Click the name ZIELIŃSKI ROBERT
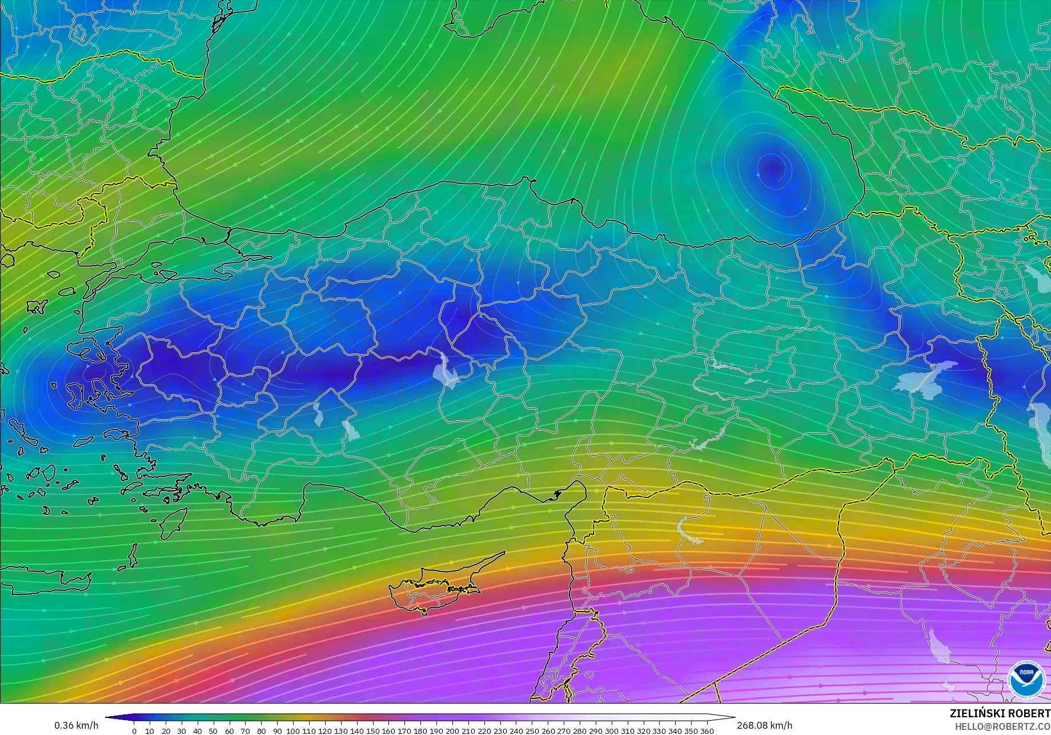(x=1000, y=714)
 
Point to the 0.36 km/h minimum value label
(x=76, y=725)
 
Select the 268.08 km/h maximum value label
(x=764, y=725)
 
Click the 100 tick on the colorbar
(x=292, y=730)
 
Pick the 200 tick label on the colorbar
(x=452, y=730)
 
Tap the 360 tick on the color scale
(x=707, y=730)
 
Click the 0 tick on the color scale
(x=134, y=730)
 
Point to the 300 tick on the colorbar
(x=611, y=730)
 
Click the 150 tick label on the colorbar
(x=372, y=730)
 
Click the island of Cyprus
(x=434, y=588)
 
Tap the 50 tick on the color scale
(x=213, y=730)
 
